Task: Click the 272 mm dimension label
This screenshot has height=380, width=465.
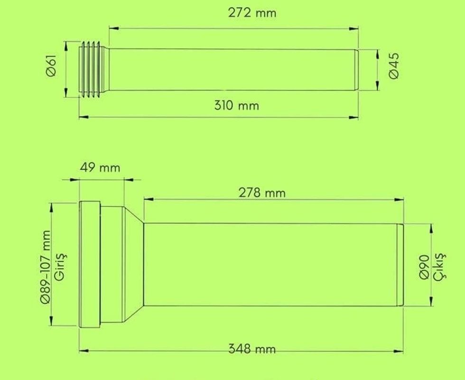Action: [x=252, y=13]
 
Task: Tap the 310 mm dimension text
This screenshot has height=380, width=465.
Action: [x=237, y=105]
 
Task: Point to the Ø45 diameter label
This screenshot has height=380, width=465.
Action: [x=394, y=66]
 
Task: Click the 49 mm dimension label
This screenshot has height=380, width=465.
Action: [x=100, y=168]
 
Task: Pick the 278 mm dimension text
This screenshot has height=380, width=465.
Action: [x=262, y=193]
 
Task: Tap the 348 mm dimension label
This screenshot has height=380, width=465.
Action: [x=252, y=349]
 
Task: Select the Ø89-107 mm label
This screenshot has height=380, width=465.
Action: [x=46, y=267]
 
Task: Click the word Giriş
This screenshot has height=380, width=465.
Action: [x=61, y=266]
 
